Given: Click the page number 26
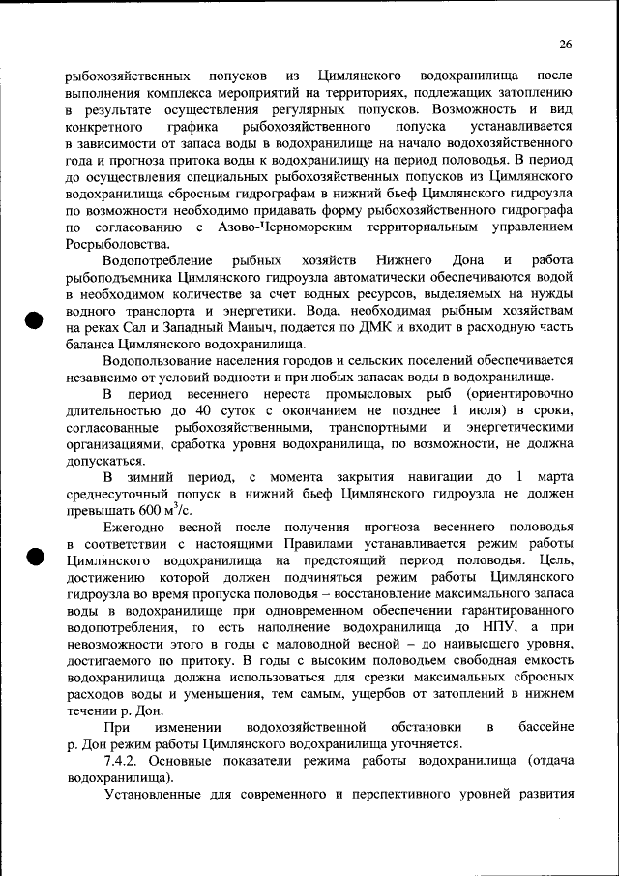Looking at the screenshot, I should pyautogui.click(x=566, y=44).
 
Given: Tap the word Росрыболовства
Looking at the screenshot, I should pyautogui.click(x=113, y=243).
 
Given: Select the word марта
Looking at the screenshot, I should pyautogui.click(x=553, y=477).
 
